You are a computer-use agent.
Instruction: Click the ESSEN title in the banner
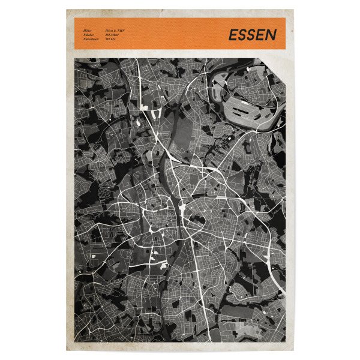(x=252, y=35)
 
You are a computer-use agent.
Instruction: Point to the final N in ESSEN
(x=272, y=35)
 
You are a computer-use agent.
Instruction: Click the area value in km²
(x=112, y=35)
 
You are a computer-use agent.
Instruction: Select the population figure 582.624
(x=110, y=40)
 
